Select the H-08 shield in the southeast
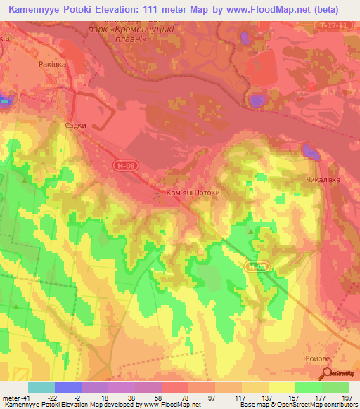[256, 266]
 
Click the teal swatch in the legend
[41, 387]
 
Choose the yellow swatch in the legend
[281, 387]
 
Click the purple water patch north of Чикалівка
[309, 150]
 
